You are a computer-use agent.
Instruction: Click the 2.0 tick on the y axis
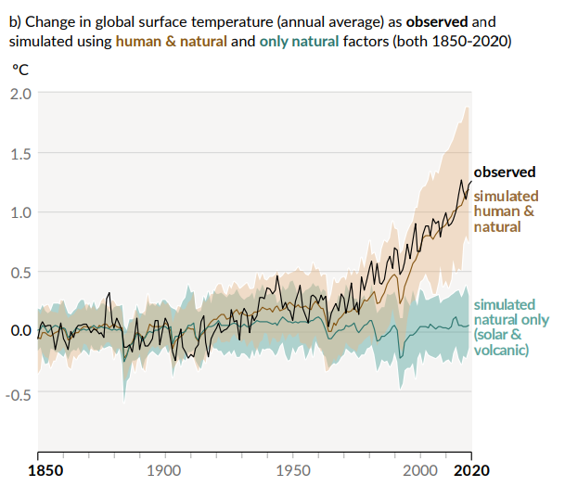click(19, 94)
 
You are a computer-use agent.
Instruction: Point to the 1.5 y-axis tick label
click(19, 153)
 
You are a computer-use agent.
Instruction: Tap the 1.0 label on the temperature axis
click(19, 212)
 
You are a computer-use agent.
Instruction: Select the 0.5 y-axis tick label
click(19, 272)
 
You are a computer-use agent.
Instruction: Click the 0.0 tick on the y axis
click(19, 331)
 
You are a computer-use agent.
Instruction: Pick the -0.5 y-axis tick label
click(18, 392)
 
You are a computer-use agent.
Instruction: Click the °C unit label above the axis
click(20, 70)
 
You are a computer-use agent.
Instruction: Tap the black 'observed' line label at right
click(505, 172)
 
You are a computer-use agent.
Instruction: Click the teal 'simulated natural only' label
click(505, 326)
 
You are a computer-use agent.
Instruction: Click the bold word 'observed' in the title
click(438, 19)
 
